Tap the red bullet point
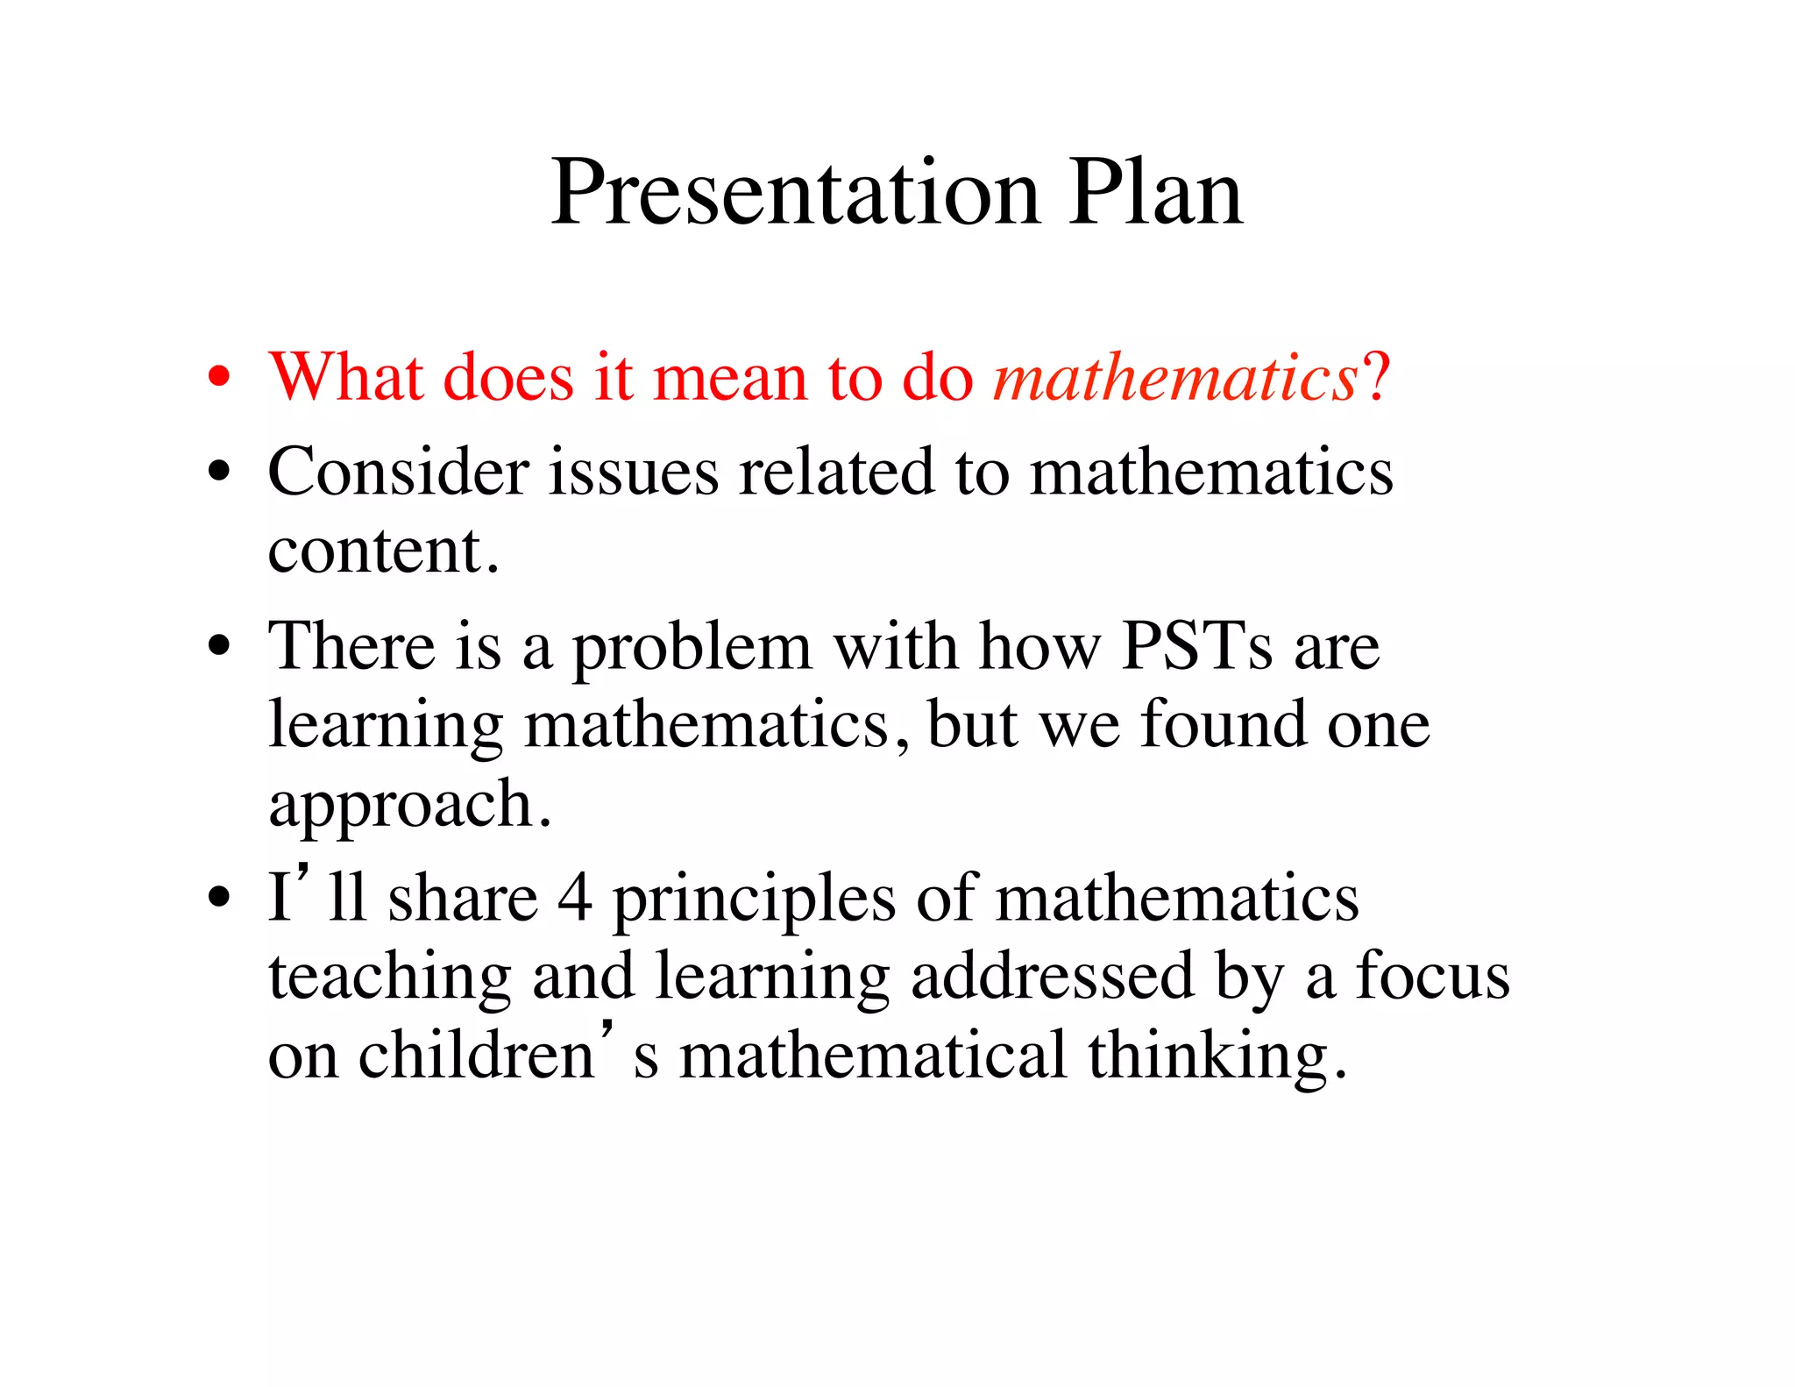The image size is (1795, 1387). [x=219, y=378]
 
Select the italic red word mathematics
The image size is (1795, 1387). [x=1175, y=378]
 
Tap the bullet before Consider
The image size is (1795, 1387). [x=219, y=473]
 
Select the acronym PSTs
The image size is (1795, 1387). [x=1197, y=646]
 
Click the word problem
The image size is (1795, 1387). [x=692, y=650]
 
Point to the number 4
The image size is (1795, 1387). [x=574, y=898]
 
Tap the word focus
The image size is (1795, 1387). [x=1433, y=975]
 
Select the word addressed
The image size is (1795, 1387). [x=1053, y=975]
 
